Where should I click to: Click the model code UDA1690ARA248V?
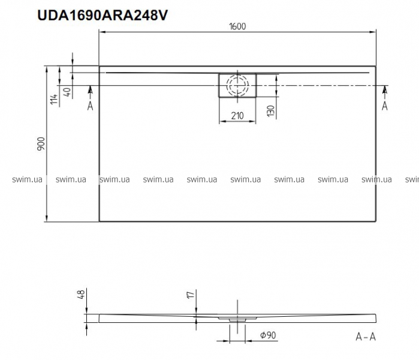(x=103, y=15)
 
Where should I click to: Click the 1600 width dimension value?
(x=237, y=26)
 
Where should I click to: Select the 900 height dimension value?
(x=41, y=143)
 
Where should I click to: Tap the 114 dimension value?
(x=54, y=99)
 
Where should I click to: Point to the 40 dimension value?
(x=68, y=92)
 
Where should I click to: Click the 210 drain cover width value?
(x=237, y=116)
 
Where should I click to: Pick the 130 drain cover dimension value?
(x=271, y=111)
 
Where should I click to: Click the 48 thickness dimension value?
(x=82, y=294)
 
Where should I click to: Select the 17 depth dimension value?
(x=191, y=295)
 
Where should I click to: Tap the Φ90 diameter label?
(x=268, y=335)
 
